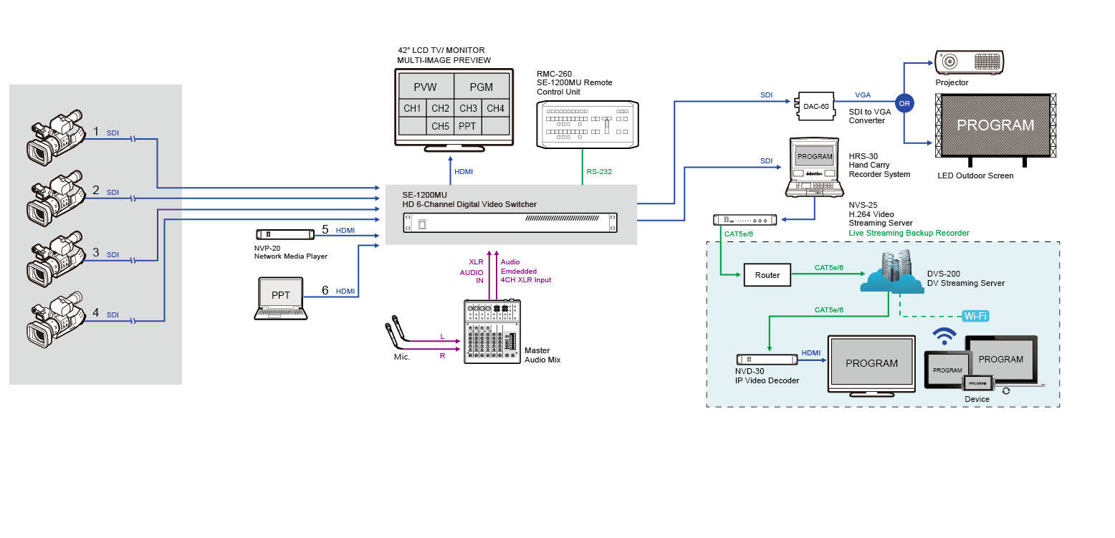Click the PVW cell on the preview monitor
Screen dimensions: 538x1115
click(425, 87)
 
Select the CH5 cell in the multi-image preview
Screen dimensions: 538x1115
click(440, 127)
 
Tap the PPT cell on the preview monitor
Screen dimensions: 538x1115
click(467, 127)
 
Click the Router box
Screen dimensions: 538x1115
click(768, 274)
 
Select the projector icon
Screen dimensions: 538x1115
click(969, 62)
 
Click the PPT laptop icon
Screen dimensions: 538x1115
click(280, 298)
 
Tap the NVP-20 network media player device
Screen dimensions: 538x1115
click(285, 234)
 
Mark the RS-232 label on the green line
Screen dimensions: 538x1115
click(598, 172)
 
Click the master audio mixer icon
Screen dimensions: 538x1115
click(492, 332)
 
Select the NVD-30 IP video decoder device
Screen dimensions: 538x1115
click(767, 359)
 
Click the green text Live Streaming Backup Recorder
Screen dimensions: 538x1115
click(909, 234)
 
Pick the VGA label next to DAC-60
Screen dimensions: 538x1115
click(863, 95)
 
